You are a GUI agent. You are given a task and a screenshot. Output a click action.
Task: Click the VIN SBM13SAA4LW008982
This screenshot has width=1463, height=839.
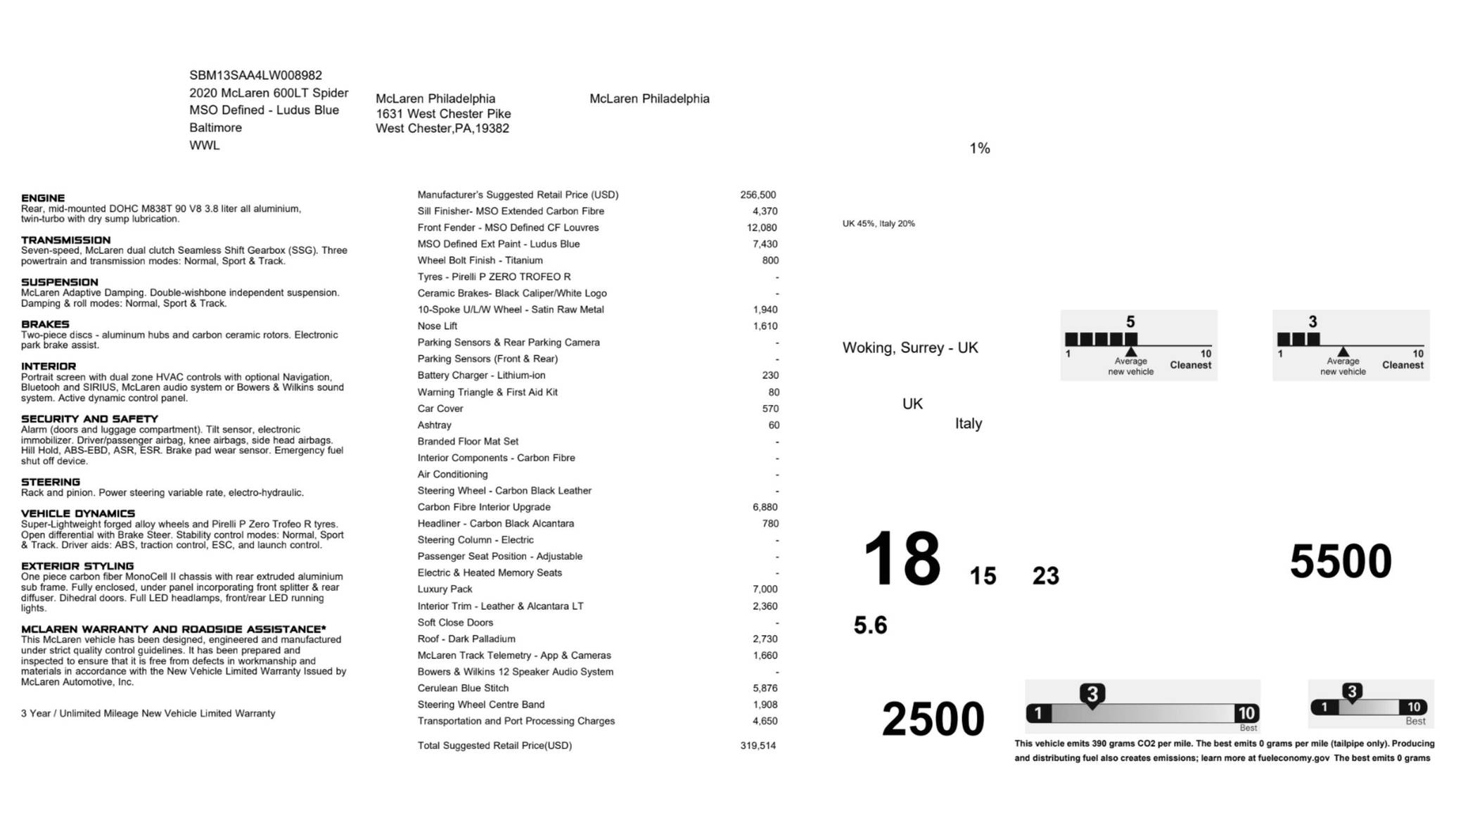255,75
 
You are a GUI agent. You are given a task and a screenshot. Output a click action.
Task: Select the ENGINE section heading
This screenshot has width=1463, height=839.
43,198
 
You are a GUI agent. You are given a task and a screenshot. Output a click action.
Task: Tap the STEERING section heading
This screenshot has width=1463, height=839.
50,482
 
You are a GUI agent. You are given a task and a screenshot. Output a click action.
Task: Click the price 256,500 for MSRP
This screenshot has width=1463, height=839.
758,195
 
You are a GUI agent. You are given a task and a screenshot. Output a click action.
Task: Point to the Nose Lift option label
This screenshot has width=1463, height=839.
437,326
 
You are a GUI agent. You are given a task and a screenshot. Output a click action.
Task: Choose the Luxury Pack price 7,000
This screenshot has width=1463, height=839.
765,589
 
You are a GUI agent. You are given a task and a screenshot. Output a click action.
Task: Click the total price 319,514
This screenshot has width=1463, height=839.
758,745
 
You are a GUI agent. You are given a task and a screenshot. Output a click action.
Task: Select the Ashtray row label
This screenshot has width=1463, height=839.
434,425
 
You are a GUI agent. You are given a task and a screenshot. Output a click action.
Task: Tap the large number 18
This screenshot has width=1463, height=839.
901,559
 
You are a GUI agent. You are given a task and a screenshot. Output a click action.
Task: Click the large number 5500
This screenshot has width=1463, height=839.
1340,561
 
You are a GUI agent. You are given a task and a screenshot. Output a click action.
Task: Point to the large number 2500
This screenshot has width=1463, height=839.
933,719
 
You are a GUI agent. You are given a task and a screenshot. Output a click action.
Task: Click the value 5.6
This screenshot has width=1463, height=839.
870,625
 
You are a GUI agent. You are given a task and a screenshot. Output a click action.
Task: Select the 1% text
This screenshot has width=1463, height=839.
979,148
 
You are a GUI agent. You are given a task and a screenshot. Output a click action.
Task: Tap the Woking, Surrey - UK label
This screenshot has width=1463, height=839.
909,348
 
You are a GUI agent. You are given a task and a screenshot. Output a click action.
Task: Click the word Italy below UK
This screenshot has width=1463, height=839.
968,423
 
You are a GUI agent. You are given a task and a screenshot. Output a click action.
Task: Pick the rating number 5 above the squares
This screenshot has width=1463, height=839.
1130,321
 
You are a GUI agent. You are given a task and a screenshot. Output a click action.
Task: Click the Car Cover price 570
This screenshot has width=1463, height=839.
770,409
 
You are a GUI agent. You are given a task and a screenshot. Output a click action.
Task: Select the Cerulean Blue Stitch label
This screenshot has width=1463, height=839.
462,688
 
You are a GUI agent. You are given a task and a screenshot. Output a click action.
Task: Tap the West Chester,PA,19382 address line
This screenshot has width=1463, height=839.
442,129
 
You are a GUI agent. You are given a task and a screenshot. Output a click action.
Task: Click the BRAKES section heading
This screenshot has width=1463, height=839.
45,324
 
